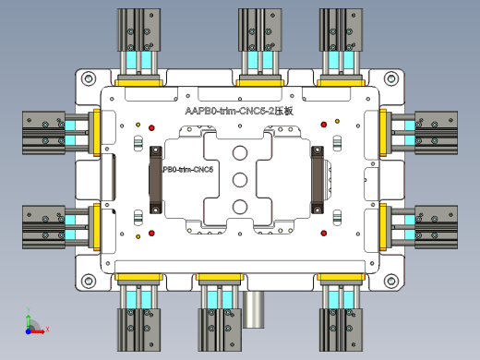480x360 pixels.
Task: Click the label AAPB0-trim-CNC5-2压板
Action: click(239, 111)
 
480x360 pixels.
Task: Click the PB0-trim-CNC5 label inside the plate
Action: click(188, 170)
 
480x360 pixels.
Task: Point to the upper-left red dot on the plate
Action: click(138, 125)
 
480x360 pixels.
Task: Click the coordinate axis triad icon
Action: click(30, 324)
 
